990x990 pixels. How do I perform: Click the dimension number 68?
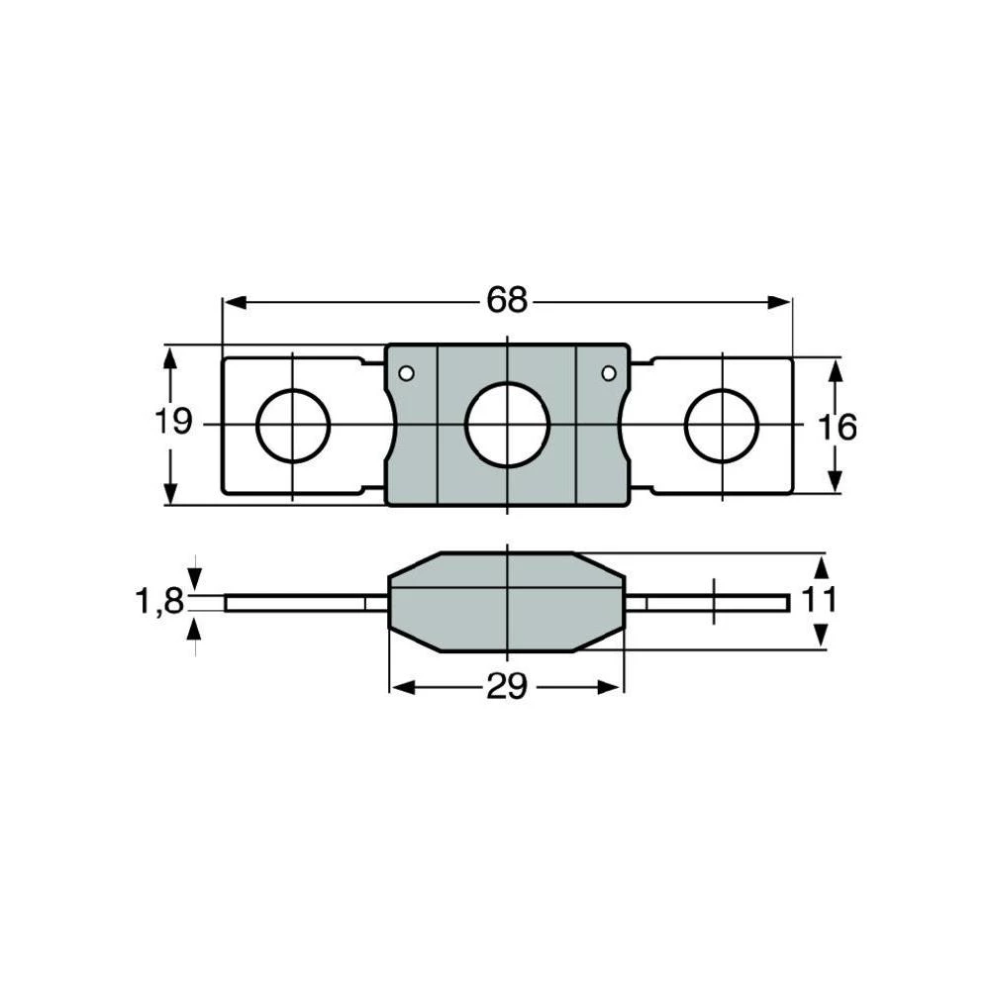click(x=507, y=301)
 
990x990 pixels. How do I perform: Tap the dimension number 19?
click(x=173, y=424)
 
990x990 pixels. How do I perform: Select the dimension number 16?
click(x=837, y=427)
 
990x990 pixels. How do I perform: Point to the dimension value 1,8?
click(x=159, y=601)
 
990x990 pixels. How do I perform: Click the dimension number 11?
click(x=821, y=600)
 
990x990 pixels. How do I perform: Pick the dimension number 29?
click(x=506, y=687)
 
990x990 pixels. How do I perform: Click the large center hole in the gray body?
click(x=507, y=424)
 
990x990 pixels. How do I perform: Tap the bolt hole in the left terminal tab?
click(x=293, y=425)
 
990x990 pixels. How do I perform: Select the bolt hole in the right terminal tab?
click(x=722, y=426)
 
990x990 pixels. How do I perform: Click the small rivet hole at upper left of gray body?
click(x=405, y=373)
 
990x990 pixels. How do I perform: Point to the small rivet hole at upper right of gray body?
click(x=609, y=373)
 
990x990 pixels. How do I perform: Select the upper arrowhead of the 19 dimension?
click(x=170, y=358)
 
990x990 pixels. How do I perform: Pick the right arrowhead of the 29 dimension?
click(x=615, y=687)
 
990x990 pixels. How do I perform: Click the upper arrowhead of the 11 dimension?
click(x=820, y=564)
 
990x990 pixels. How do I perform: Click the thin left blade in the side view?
click(x=297, y=603)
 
